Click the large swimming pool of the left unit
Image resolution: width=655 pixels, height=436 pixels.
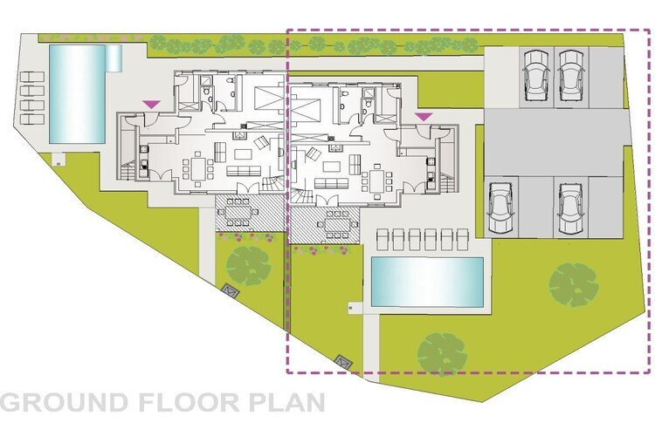click(x=77, y=94)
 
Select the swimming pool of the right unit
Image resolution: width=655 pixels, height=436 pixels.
click(x=427, y=282)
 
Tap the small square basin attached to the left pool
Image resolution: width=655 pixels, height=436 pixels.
click(x=114, y=58)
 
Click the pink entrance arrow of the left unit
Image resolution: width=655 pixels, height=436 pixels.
click(x=151, y=105)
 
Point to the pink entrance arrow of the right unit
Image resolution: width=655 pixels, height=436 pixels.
click(x=424, y=117)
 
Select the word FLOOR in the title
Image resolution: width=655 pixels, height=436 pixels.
click(x=189, y=402)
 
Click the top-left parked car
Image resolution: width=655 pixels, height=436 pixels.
click(x=536, y=75)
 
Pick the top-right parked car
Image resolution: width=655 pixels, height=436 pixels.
click(x=571, y=75)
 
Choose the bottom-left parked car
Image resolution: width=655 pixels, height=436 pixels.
click(x=500, y=208)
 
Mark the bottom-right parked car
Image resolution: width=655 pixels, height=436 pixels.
click(x=570, y=208)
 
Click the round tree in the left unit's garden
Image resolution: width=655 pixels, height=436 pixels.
click(x=248, y=266)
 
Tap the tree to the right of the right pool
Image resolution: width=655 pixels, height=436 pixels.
click(x=574, y=284)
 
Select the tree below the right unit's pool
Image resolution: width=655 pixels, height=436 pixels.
click(x=442, y=354)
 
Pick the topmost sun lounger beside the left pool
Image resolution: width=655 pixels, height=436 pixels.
click(x=32, y=77)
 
